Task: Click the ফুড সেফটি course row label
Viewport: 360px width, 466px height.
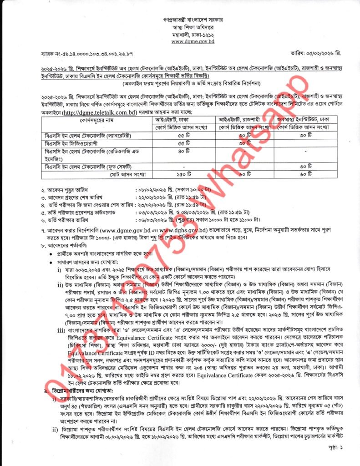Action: (87, 166)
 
